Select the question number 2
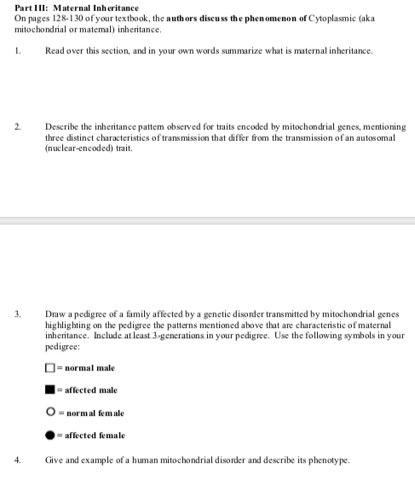coord(17,126)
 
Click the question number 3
coord(17,315)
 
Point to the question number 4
coord(17,459)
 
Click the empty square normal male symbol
coord(50,368)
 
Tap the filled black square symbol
coord(50,390)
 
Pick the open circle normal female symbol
coord(50,413)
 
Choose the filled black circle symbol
coord(50,435)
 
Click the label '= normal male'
coord(85,368)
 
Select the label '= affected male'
coord(88,390)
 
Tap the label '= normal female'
coord(90,413)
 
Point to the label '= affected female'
coord(93,435)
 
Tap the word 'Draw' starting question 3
coord(54,315)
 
